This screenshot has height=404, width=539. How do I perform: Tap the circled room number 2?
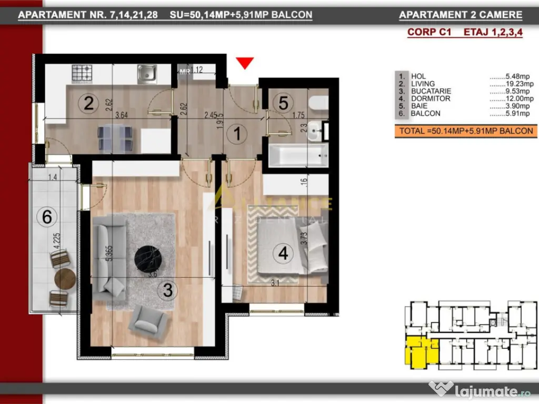pos(88,103)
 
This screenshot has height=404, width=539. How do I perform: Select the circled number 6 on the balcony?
pos(47,216)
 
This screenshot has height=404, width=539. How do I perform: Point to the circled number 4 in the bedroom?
pos(283,254)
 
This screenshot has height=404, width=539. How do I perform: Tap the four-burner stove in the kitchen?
pos(82,73)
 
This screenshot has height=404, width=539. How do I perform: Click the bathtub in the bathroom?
pos(295,156)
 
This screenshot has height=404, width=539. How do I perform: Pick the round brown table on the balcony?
pos(65,279)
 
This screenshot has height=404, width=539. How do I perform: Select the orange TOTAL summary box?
pos(466,131)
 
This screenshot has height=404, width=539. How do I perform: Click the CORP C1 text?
pos(429,32)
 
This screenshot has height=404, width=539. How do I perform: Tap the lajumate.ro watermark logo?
pos(478,390)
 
